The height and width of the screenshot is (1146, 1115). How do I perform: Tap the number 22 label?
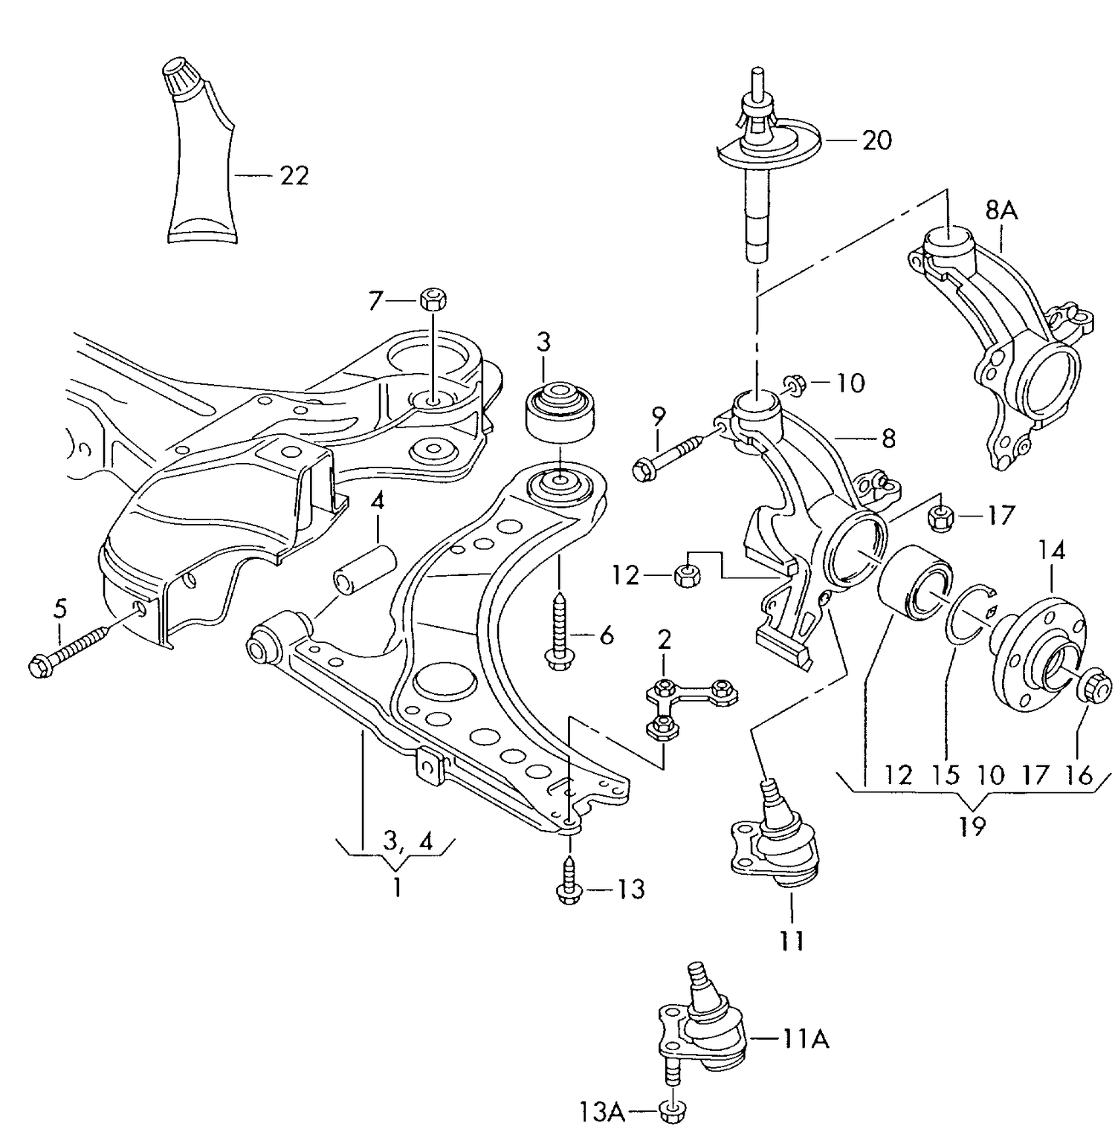tap(294, 175)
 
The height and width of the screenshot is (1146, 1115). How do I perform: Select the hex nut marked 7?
tap(433, 300)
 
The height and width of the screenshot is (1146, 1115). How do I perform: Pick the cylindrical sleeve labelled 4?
tap(364, 569)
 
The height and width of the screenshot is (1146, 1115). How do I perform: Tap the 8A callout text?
tap(1001, 211)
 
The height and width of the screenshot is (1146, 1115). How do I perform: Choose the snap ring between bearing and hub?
tap(966, 612)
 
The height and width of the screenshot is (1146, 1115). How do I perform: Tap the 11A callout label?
tap(805, 1038)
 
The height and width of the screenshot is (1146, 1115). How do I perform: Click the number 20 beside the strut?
tap(876, 140)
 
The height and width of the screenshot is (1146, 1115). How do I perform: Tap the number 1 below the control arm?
tap(397, 887)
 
